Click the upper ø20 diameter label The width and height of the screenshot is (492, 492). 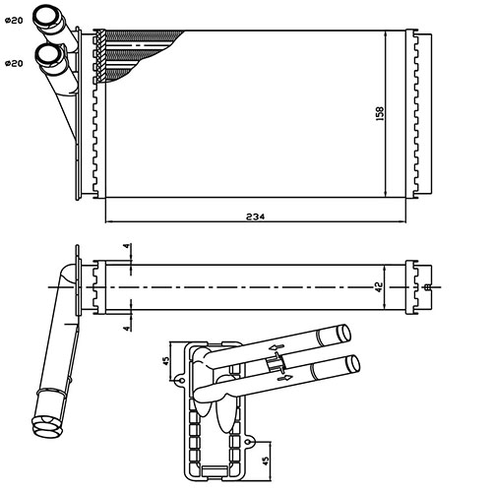[x=13, y=20]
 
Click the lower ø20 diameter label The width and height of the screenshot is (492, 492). [x=13, y=64]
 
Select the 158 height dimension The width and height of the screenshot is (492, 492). [x=379, y=113]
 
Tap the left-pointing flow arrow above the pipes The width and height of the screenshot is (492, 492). [x=278, y=347]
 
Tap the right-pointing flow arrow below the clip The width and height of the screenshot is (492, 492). [x=286, y=377]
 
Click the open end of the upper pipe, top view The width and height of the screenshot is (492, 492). [x=47, y=16]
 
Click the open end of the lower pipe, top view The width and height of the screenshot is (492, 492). [x=47, y=54]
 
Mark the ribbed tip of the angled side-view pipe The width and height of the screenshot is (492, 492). [x=44, y=424]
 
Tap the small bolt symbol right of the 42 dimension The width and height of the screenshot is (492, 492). [x=425, y=286]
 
